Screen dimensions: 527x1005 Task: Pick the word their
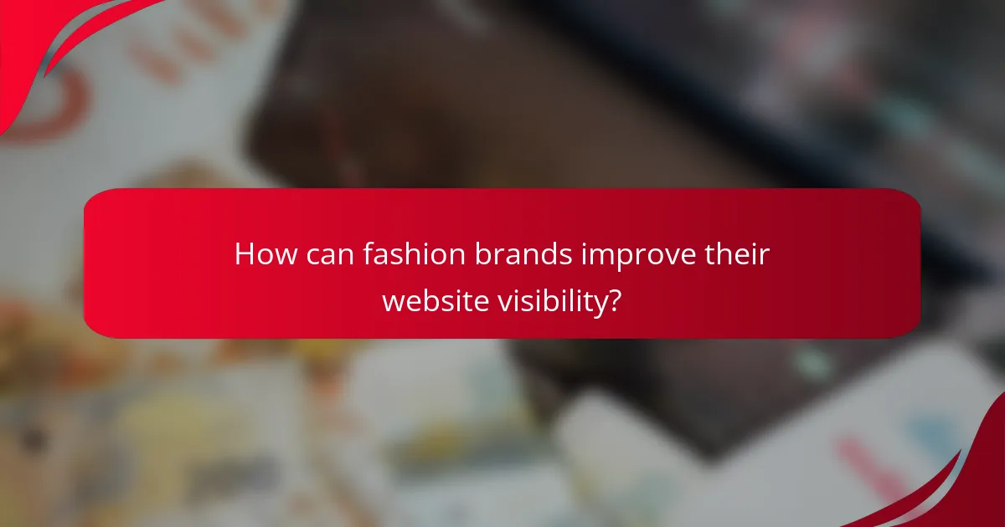(x=738, y=254)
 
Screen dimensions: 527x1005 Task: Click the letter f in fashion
(x=368, y=253)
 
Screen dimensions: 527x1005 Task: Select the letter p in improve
(x=616, y=258)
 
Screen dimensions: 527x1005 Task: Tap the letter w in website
(x=394, y=300)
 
